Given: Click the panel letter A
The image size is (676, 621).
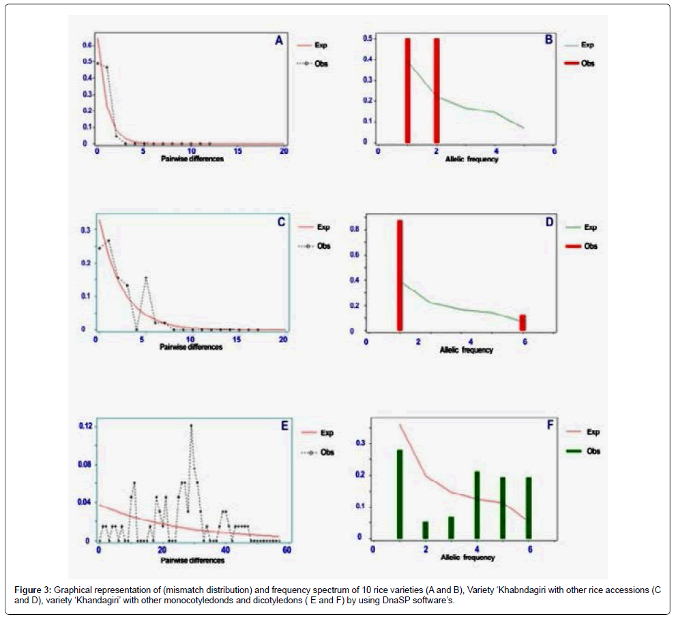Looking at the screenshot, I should [278, 41].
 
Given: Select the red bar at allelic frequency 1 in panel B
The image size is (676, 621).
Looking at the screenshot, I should [407, 90].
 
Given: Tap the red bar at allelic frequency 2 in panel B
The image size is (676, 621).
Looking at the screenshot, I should [437, 90].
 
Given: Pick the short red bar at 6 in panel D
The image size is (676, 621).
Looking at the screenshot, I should [523, 322].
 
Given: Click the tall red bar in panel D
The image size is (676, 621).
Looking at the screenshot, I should [400, 275].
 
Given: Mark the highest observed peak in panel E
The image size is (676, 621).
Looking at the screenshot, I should [191, 425].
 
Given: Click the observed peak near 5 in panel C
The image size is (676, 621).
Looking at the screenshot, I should [146, 277].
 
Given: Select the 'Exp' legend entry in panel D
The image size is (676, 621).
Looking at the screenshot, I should [589, 228].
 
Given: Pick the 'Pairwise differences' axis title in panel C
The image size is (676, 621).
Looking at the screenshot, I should [191, 347].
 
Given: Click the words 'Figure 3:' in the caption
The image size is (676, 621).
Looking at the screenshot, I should [33, 588].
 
